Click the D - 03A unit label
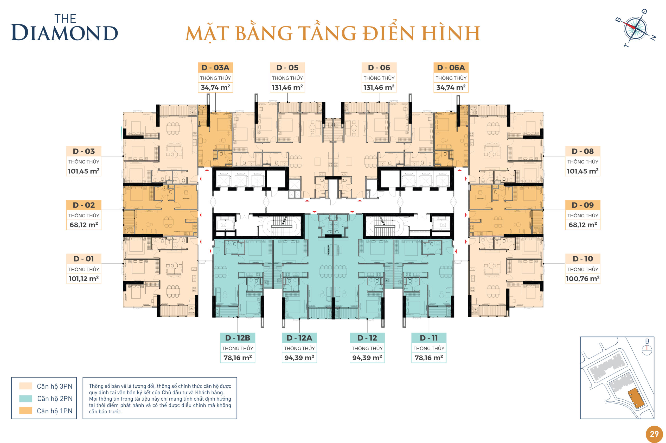(215, 68)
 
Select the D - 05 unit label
(287, 68)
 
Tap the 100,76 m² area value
(582, 279)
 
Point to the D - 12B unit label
(238, 338)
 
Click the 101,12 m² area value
(84, 279)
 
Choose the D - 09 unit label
(582, 205)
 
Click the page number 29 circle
(654, 434)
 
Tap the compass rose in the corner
(635, 28)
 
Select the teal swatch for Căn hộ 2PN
(26, 399)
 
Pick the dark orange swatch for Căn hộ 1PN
(26, 411)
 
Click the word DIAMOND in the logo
(64, 33)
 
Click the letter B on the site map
(647, 341)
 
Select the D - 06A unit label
(451, 68)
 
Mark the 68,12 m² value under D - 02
(84, 225)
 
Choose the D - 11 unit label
(428, 338)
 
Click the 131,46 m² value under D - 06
(379, 88)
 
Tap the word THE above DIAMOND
(65, 19)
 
